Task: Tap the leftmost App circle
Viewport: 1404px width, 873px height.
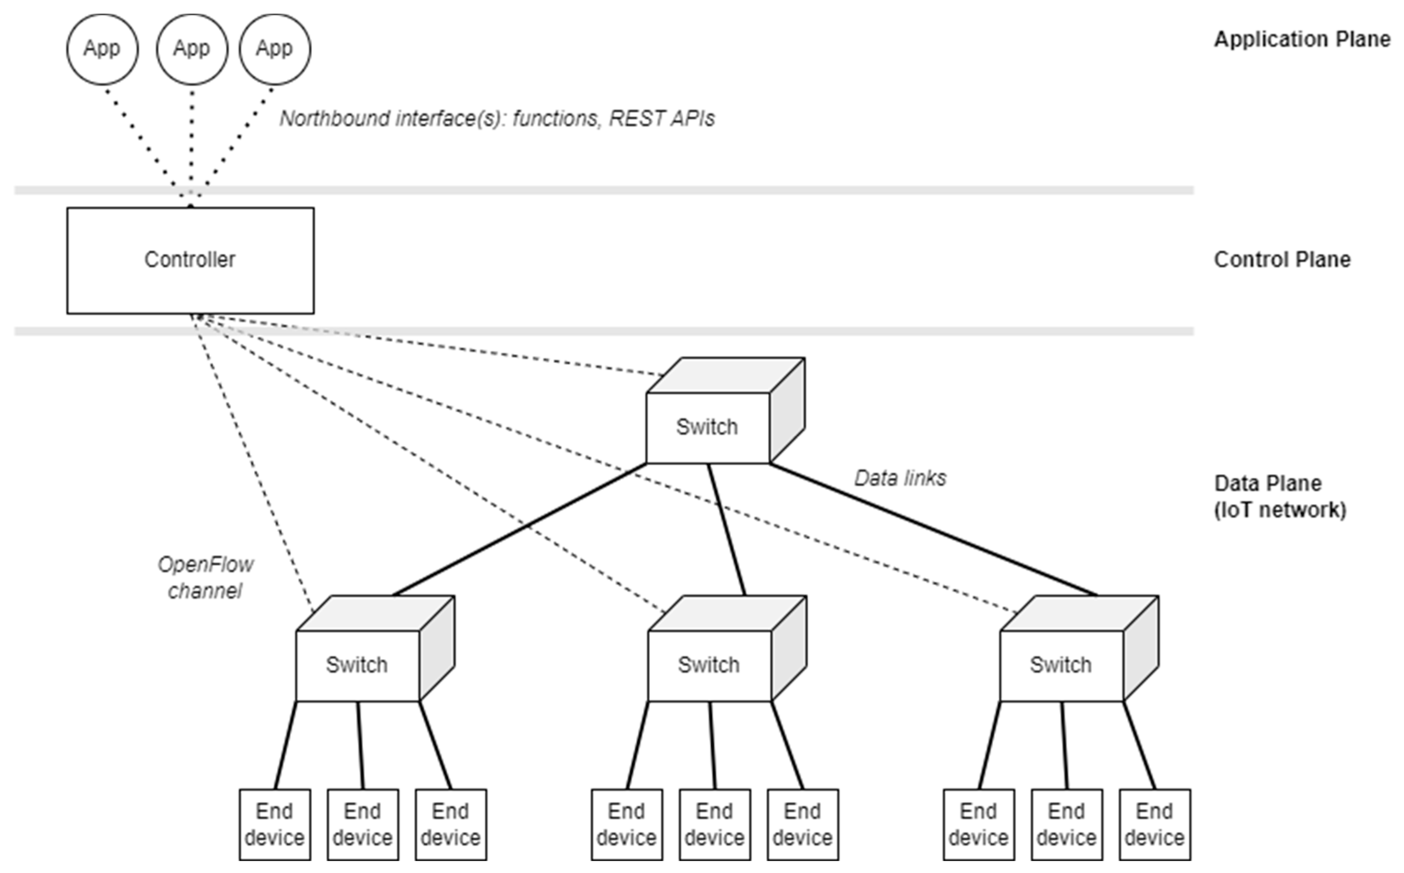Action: [102, 49]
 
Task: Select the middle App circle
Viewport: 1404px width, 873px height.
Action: [192, 49]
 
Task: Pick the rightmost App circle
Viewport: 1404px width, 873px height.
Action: [275, 49]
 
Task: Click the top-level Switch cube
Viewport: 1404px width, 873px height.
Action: [708, 427]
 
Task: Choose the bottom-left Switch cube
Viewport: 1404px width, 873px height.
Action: [357, 665]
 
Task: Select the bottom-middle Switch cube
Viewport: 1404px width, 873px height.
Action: [709, 665]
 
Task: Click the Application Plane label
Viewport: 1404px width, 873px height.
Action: [1302, 39]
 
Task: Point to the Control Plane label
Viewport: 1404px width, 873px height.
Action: [1281, 260]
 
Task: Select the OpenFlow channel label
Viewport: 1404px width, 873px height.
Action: [205, 577]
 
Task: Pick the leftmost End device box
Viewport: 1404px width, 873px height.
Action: [275, 824]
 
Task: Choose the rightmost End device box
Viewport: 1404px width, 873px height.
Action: [1155, 824]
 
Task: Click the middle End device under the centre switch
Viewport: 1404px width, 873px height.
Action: [715, 824]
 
